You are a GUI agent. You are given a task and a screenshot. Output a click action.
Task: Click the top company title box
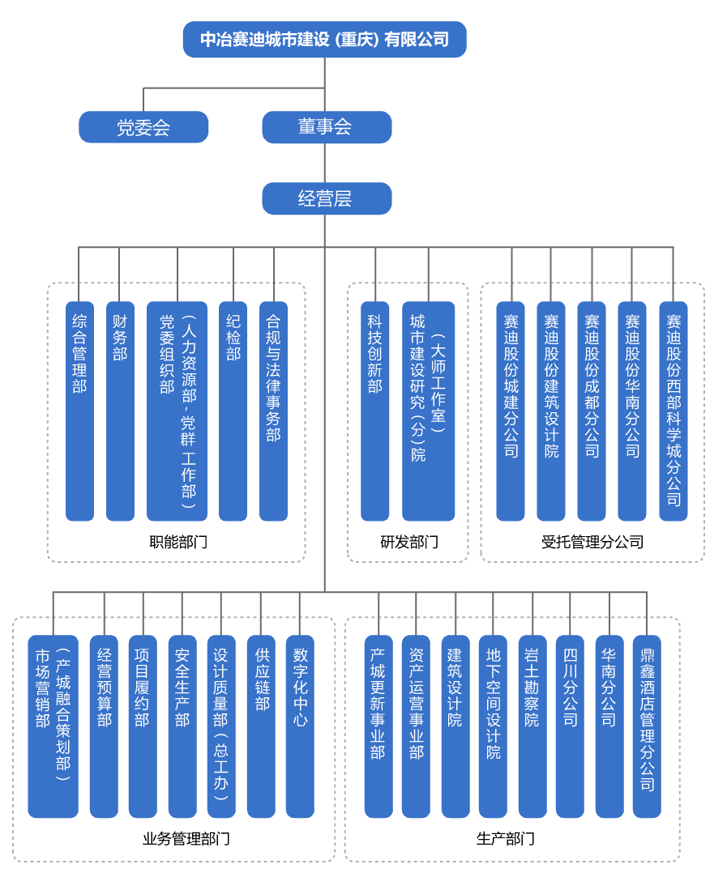(324, 39)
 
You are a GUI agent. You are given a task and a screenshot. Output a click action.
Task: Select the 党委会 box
(143, 127)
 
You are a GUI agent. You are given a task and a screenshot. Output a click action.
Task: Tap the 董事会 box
(326, 127)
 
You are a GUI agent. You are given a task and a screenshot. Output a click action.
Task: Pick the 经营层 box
(326, 198)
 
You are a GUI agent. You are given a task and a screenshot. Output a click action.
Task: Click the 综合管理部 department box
(79, 411)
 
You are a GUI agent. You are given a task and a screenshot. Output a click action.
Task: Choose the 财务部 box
(120, 411)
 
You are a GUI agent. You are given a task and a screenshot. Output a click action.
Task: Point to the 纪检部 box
(233, 411)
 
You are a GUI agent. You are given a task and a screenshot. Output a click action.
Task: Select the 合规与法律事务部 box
(274, 411)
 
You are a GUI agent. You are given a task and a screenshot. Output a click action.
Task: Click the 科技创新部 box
(374, 411)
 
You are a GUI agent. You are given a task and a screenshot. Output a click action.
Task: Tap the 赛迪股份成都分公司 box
(592, 411)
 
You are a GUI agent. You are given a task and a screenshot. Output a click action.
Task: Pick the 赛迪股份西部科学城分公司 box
(673, 411)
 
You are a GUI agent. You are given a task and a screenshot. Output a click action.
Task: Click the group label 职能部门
(178, 542)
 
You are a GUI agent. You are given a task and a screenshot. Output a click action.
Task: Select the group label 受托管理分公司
(592, 542)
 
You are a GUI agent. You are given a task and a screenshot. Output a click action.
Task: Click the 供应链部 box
(261, 726)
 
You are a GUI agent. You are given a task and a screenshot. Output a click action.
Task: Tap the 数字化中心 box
(301, 726)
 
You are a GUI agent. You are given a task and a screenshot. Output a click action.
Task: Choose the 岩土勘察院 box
(532, 726)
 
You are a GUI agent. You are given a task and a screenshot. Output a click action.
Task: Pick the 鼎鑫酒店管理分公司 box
(647, 726)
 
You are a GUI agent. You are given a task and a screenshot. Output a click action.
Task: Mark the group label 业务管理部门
(186, 838)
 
